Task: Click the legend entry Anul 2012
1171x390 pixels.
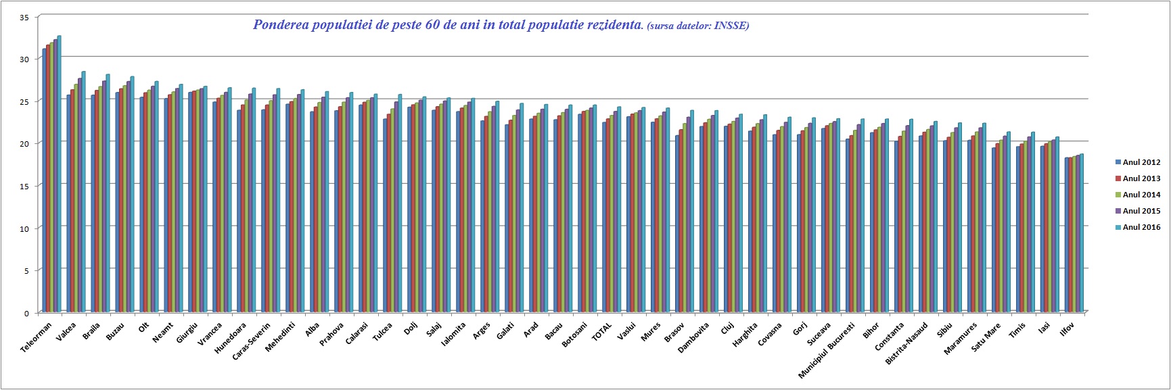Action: (1141, 162)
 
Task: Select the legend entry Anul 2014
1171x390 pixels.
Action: (1141, 195)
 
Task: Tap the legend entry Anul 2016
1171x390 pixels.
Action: (1141, 227)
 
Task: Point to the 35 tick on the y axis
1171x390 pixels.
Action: (24, 18)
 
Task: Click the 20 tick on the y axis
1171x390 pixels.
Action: (24, 143)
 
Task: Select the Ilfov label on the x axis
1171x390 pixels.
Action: (1067, 330)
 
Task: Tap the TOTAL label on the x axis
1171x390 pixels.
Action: (601, 331)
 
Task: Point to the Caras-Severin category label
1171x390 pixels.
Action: (251, 342)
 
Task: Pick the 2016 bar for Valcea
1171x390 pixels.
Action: (84, 192)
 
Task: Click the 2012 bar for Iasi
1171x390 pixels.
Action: (1042, 229)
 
